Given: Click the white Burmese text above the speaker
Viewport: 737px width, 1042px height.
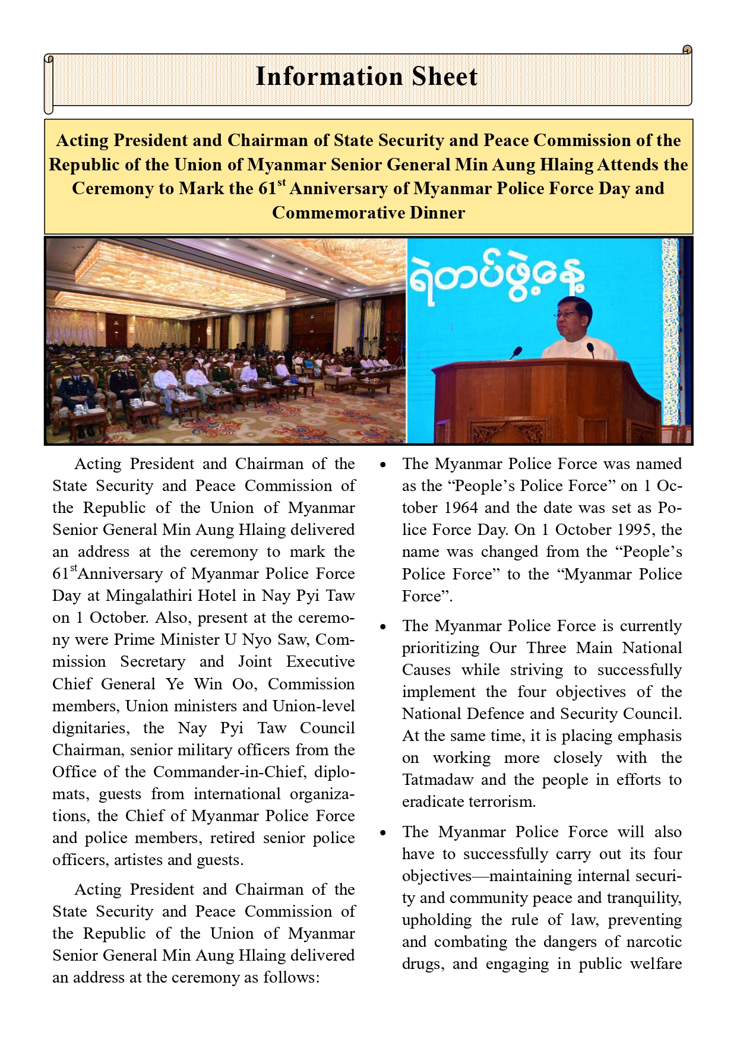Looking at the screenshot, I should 496,276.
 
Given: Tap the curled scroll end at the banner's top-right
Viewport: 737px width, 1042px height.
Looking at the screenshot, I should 687,50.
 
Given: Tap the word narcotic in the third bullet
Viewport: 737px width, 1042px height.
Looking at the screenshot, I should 654,942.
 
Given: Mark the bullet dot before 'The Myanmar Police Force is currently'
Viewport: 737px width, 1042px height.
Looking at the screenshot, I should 384,627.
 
